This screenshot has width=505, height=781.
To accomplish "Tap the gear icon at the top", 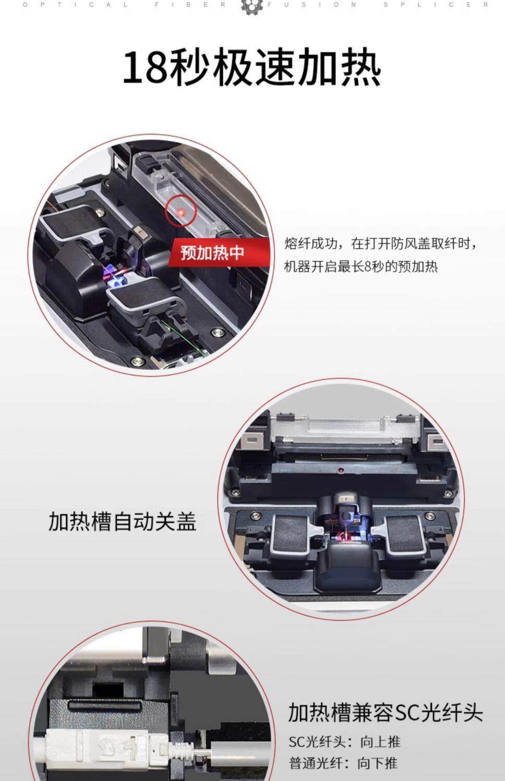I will point(252,6).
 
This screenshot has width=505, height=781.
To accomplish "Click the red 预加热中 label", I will point(212,253).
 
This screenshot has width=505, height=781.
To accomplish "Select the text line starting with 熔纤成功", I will point(381,243).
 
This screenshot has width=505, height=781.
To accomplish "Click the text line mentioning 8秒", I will point(360,267).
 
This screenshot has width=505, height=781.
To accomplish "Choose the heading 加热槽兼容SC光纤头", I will point(386,712).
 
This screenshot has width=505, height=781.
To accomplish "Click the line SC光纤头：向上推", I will point(345,742).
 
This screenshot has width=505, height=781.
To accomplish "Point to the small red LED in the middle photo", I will point(339,470).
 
